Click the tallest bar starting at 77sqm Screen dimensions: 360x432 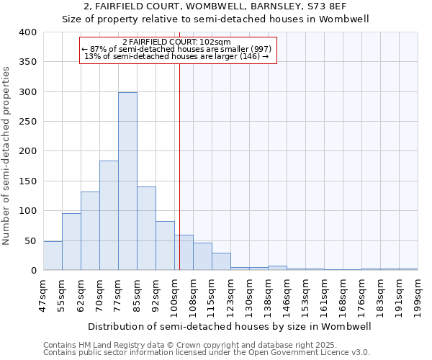[127, 181]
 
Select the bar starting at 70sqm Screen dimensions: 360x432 [109, 215]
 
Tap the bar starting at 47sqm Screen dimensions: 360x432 [53, 256]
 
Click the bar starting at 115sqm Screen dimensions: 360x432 [221, 261]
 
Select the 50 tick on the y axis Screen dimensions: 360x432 [30, 240]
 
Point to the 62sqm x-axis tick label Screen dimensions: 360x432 [81, 294]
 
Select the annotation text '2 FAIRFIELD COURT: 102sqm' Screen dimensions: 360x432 [176, 42]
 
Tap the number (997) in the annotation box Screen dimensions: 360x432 [258, 49]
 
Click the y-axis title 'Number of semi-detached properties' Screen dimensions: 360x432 [6, 155]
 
